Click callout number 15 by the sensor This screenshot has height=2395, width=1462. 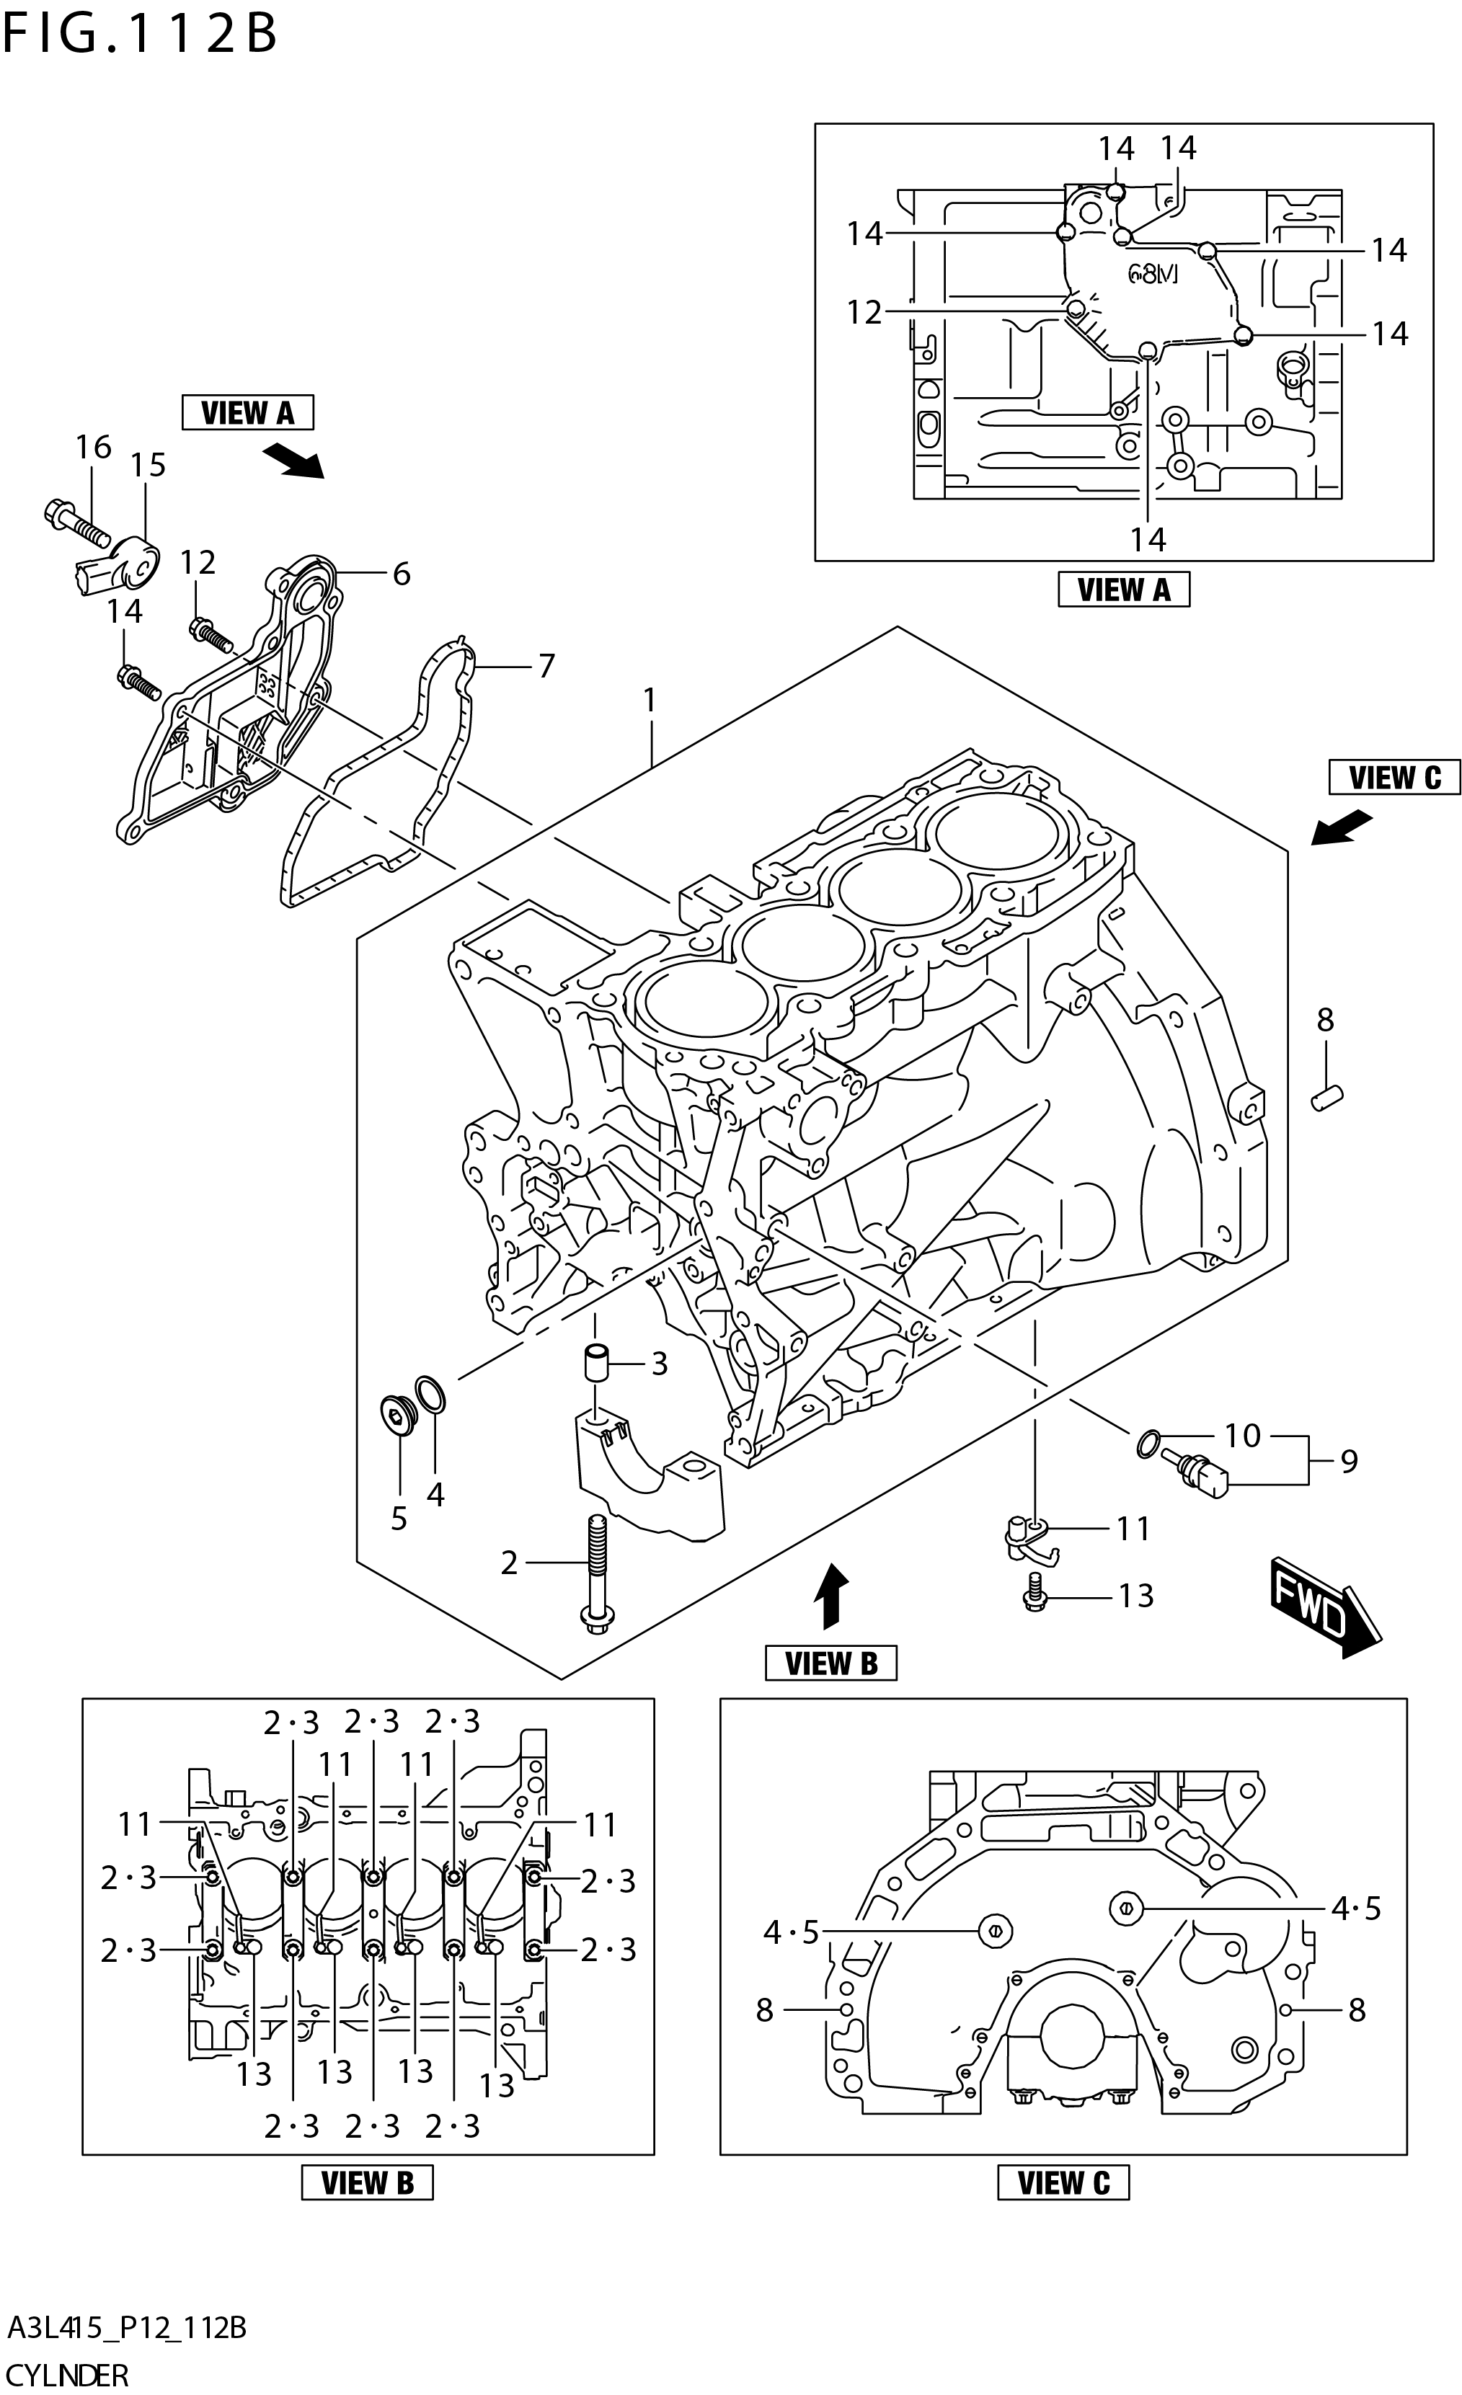tap(149, 466)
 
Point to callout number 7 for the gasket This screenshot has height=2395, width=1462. tap(546, 667)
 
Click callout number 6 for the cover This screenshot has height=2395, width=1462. tap(402, 574)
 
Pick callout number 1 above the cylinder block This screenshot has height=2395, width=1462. tap(650, 700)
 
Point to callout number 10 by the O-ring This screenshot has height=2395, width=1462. tap(1241, 1435)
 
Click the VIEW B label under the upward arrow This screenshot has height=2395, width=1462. tap(830, 1663)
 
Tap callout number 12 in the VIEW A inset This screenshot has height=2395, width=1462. tap(863, 313)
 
